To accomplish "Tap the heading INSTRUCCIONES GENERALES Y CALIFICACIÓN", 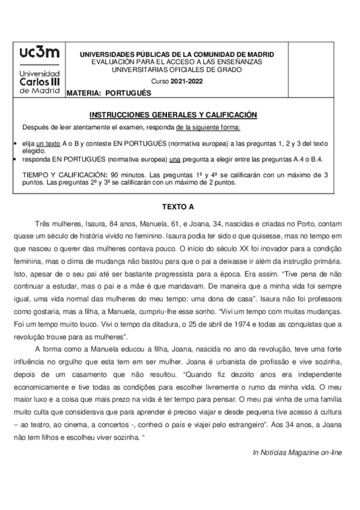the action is pyautogui.click(x=181, y=114).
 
